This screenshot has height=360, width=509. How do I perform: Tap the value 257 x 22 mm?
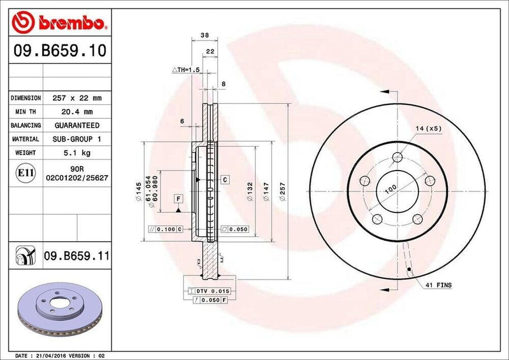(77, 98)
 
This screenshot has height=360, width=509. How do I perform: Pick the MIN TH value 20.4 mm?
(77, 112)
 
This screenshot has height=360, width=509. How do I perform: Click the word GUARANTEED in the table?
(77, 125)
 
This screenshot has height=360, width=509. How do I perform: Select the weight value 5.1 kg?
(77, 153)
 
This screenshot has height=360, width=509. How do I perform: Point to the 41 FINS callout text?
(438, 285)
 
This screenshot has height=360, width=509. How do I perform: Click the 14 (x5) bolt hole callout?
(428, 128)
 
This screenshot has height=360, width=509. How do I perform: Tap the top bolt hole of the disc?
(397, 158)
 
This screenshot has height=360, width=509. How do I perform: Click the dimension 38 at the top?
(204, 35)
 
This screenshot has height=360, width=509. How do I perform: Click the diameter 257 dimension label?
(282, 191)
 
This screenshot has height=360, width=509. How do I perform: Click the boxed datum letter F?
(177, 199)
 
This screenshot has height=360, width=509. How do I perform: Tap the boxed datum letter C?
(225, 179)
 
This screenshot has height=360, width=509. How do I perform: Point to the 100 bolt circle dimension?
(390, 189)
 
